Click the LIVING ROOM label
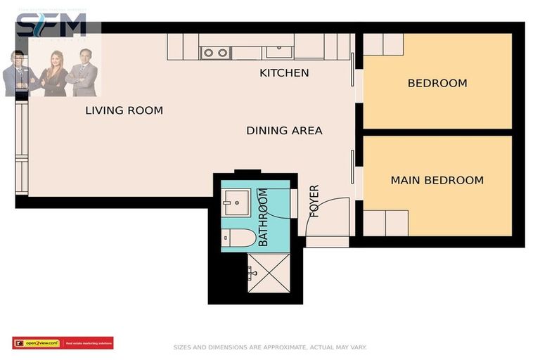coord(124,110)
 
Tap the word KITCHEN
coord(284,72)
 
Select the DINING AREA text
coord(284,130)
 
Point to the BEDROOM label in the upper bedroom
coord(437,83)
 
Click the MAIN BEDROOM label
coord(437,180)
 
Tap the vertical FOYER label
coord(314,201)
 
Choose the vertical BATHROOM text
coord(263,217)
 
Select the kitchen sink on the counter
coord(279,51)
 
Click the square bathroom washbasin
coord(236,200)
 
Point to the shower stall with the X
coord(264,271)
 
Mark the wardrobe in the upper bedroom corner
coord(383,44)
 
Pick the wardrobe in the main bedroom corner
coord(385,223)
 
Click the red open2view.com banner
coord(63,343)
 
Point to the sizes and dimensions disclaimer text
coord(270,347)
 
